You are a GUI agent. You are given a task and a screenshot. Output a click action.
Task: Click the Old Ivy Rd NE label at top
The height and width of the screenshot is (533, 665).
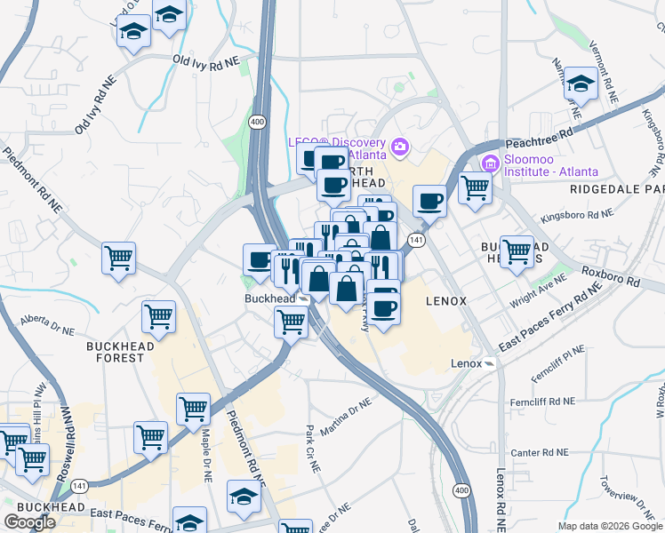[x=206, y=60]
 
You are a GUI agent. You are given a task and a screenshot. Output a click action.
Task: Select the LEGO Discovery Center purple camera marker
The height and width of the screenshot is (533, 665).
[x=400, y=146]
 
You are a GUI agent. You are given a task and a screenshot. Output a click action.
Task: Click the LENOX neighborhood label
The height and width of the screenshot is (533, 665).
[x=446, y=301]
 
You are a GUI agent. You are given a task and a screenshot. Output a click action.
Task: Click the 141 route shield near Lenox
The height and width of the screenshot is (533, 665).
[x=415, y=240]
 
